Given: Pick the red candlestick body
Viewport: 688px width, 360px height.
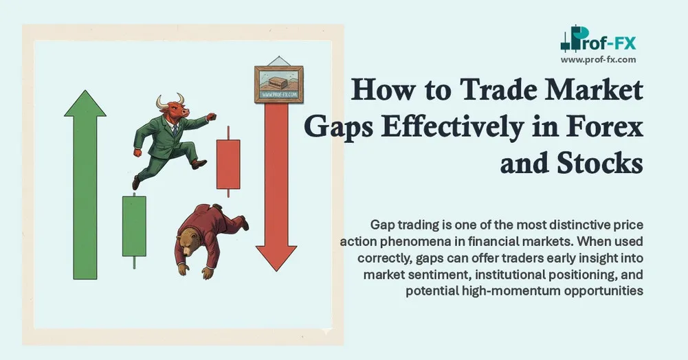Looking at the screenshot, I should pyautogui.click(x=228, y=164).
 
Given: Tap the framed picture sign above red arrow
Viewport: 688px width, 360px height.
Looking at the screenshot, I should pyautogui.click(x=278, y=84).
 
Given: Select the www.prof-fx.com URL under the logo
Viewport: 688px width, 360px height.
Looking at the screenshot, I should pyautogui.click(x=598, y=60).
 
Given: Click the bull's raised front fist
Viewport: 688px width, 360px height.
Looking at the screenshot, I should pyautogui.click(x=210, y=117).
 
